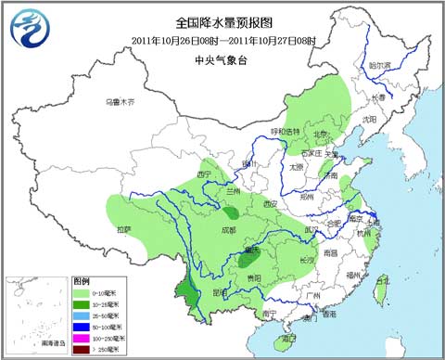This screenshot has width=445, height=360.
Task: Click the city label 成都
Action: pyautogui.click(x=228, y=227)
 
